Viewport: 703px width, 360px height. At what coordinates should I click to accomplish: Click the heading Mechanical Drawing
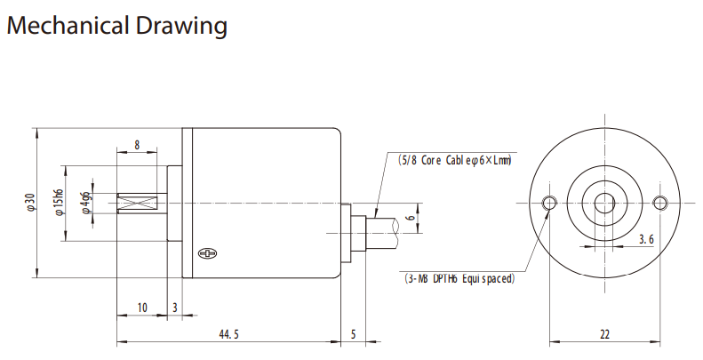point(116,26)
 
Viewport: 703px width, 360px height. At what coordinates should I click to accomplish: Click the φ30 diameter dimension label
point(29,203)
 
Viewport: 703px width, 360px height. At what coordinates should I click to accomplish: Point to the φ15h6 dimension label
point(59,203)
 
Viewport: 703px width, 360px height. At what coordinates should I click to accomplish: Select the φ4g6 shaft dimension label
point(85,203)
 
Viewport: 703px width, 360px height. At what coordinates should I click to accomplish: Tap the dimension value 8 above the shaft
point(137,145)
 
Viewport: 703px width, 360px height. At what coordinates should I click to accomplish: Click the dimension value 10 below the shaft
point(142,308)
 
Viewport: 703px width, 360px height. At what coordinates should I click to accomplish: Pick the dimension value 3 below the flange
point(175,308)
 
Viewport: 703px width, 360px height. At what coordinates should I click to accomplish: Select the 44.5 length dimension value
point(228,334)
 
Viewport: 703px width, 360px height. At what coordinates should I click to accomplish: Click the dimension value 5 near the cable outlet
point(353,334)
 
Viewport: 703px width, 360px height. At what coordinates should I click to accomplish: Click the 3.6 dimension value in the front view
point(646,240)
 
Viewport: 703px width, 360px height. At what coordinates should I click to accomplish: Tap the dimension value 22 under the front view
point(604,334)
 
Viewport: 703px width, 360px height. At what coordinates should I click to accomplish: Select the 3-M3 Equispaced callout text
point(458,278)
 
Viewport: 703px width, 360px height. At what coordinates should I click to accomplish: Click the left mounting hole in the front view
point(549,204)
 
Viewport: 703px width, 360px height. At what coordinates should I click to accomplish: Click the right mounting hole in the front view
point(659,204)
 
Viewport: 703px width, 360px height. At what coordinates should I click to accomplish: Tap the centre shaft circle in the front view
point(604,204)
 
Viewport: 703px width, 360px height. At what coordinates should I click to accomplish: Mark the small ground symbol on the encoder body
point(207,254)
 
